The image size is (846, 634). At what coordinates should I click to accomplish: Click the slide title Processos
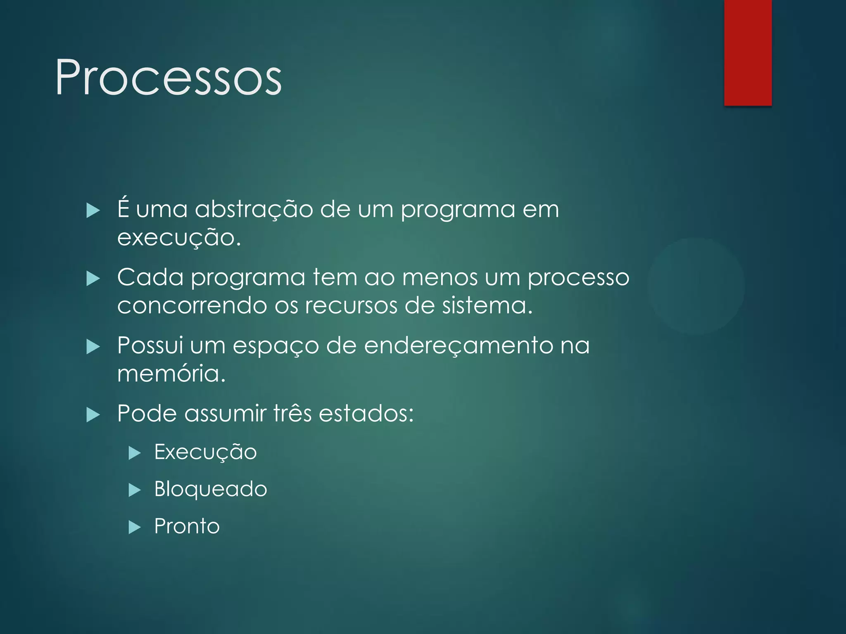168,78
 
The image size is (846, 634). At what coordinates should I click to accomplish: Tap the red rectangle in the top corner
748,52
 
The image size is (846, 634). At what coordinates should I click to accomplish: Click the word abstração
254,210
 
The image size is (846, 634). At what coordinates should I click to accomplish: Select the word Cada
150,277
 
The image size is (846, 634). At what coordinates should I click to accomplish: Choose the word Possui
150,345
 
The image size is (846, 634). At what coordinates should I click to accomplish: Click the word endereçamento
459,346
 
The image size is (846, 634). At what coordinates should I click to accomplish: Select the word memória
171,374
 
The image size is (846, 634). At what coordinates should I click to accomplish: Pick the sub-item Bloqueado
211,490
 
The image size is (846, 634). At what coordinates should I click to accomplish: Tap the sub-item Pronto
187,526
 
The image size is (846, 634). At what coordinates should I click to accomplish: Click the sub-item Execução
205,452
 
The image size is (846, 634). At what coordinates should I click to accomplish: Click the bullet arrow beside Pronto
135,527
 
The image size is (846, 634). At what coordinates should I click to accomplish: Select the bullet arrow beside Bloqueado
135,490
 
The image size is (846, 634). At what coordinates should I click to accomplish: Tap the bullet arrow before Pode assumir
93,414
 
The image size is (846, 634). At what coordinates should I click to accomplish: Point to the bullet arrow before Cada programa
93,279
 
